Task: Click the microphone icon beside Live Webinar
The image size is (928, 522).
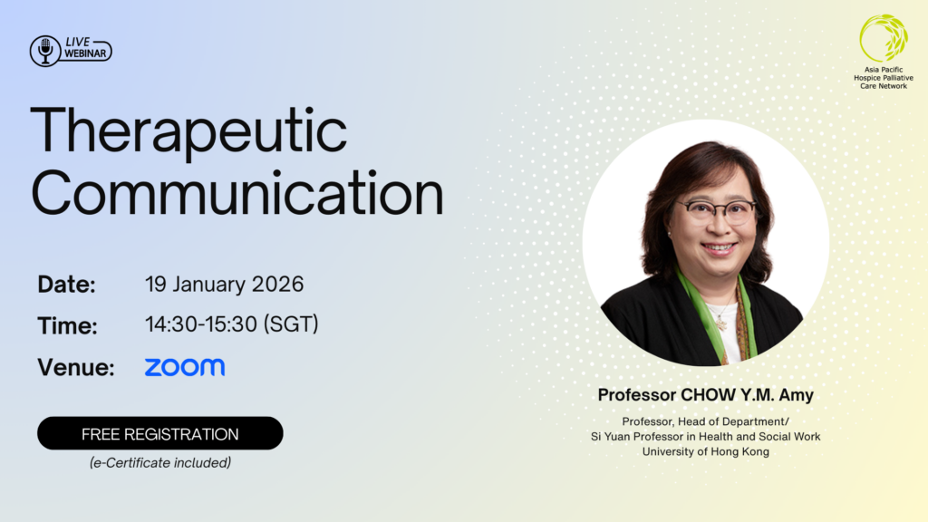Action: coord(45,50)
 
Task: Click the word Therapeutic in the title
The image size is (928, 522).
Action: coord(188,132)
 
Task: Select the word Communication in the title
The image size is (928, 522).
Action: coord(237,194)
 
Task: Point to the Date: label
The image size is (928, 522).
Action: coord(67,285)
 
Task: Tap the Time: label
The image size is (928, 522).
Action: coord(67,325)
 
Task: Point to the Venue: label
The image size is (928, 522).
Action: coord(76,367)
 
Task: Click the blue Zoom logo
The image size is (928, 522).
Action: coord(185,367)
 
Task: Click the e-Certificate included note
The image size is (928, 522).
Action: coord(160,463)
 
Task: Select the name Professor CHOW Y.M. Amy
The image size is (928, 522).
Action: coord(705,395)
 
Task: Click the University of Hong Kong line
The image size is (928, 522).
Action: coord(705,451)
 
